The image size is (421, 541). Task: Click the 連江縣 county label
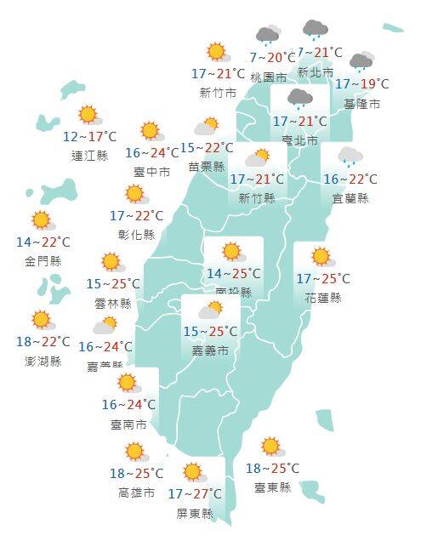point(89,156)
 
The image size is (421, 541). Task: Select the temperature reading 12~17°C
point(89,136)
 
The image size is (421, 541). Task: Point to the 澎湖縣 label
point(43,361)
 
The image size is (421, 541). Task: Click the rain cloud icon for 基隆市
point(361,62)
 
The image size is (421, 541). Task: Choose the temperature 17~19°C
point(361,83)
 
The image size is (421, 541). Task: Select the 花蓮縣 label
point(322,298)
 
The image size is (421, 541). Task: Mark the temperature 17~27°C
point(195,493)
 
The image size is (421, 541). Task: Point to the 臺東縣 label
point(272,487)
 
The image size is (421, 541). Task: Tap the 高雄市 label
point(136,493)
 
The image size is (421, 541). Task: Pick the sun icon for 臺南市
point(128,382)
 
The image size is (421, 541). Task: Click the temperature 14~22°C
point(43,242)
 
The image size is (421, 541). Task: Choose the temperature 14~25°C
point(234,273)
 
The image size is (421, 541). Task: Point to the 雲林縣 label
point(113,303)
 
